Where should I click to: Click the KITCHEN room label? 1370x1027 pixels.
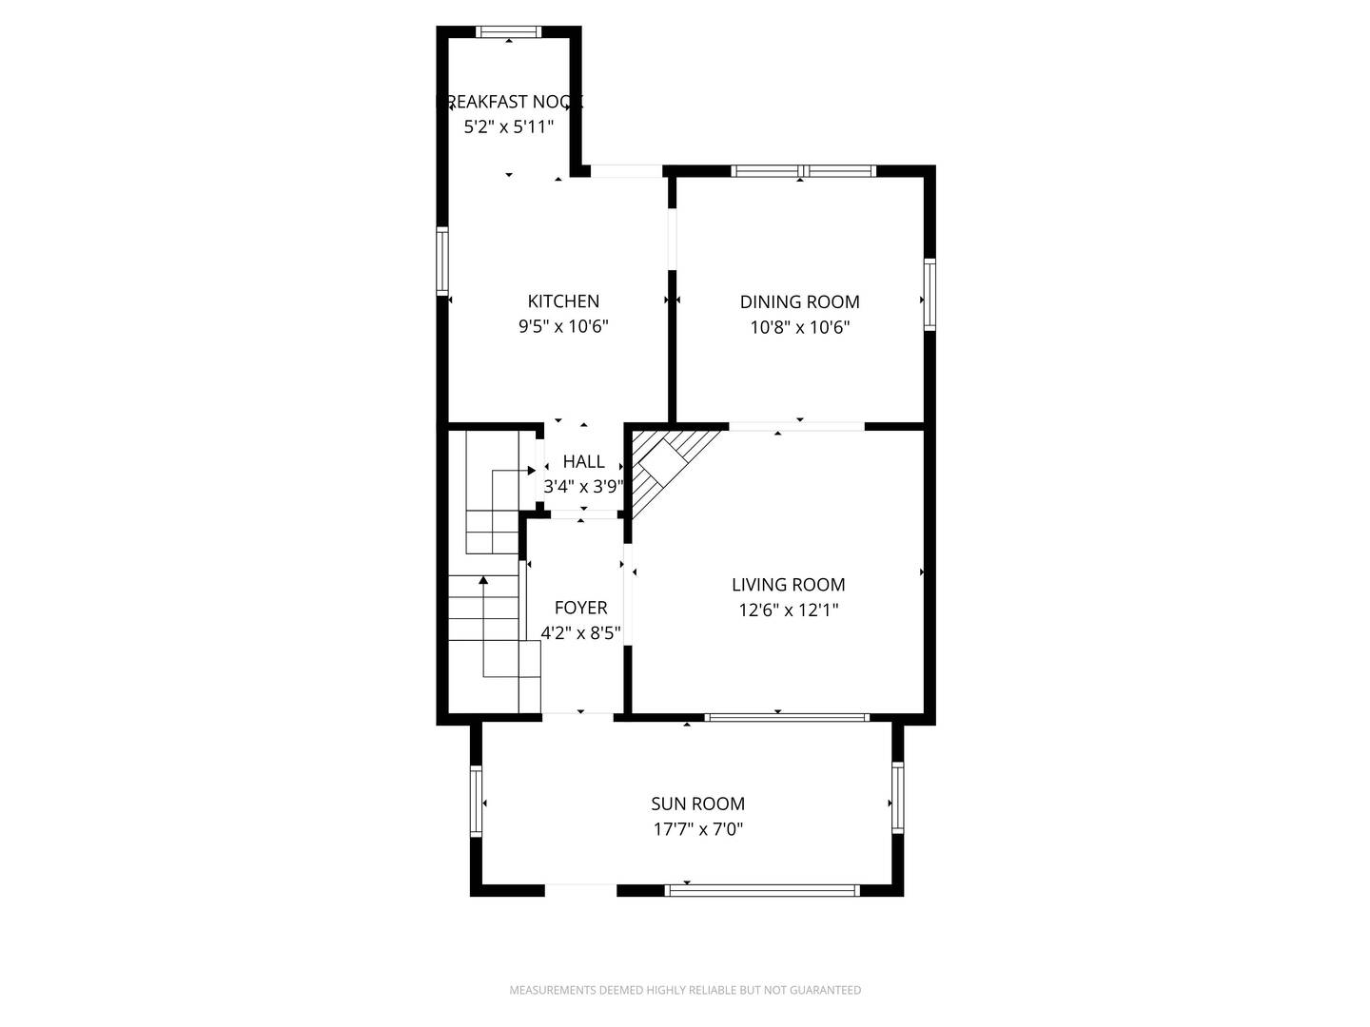pyautogui.click(x=563, y=301)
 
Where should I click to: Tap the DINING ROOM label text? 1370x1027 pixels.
pyautogui.click(x=799, y=302)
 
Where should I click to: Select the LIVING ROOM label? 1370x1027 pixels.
pyautogui.click(x=788, y=585)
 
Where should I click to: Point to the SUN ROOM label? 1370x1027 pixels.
pyautogui.click(x=697, y=804)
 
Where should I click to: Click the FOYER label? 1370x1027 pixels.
pyautogui.click(x=580, y=608)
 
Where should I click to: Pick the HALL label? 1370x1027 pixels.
pyautogui.click(x=583, y=461)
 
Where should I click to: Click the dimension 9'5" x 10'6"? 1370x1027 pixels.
pyautogui.click(x=563, y=327)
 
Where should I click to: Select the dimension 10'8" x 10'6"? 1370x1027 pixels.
pyautogui.click(x=799, y=328)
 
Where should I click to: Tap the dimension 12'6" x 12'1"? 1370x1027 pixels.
pyautogui.click(x=788, y=610)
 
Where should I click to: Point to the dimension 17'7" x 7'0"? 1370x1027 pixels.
pyautogui.click(x=697, y=829)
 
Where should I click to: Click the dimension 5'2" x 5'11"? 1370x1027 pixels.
pyautogui.click(x=508, y=127)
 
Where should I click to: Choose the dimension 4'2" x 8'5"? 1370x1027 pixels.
pyautogui.click(x=580, y=633)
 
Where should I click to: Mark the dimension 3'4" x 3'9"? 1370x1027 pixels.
pyautogui.click(x=583, y=487)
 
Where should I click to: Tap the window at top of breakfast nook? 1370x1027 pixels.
pyautogui.click(x=509, y=32)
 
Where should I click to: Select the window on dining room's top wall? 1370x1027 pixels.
pyautogui.click(x=803, y=171)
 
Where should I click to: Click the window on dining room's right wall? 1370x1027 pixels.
pyautogui.click(x=930, y=295)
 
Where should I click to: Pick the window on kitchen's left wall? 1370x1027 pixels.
pyautogui.click(x=442, y=260)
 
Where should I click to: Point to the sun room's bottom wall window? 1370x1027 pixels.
pyautogui.click(x=761, y=891)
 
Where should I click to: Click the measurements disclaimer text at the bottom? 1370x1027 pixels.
pyautogui.click(x=685, y=990)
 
